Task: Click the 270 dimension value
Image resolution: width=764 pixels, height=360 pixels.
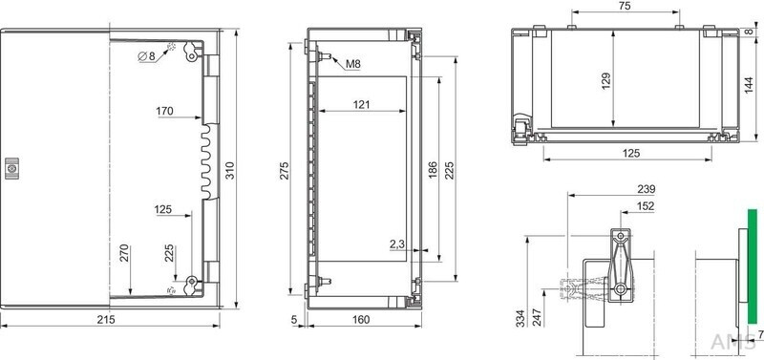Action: [x=122, y=254]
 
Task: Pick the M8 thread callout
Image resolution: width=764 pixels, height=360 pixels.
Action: [x=352, y=64]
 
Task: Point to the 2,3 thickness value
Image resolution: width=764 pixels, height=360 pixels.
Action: [x=398, y=245]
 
